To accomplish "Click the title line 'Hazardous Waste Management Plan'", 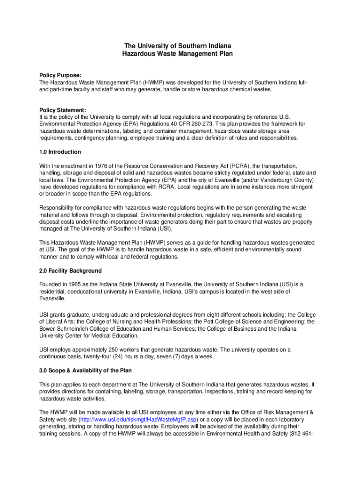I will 177,54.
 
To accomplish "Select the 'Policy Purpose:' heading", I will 60,75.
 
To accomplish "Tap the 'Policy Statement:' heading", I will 63,110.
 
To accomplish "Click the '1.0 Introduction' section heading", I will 60,152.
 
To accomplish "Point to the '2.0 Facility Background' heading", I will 71,271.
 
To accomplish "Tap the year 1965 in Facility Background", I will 75,284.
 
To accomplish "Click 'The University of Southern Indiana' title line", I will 177,46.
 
